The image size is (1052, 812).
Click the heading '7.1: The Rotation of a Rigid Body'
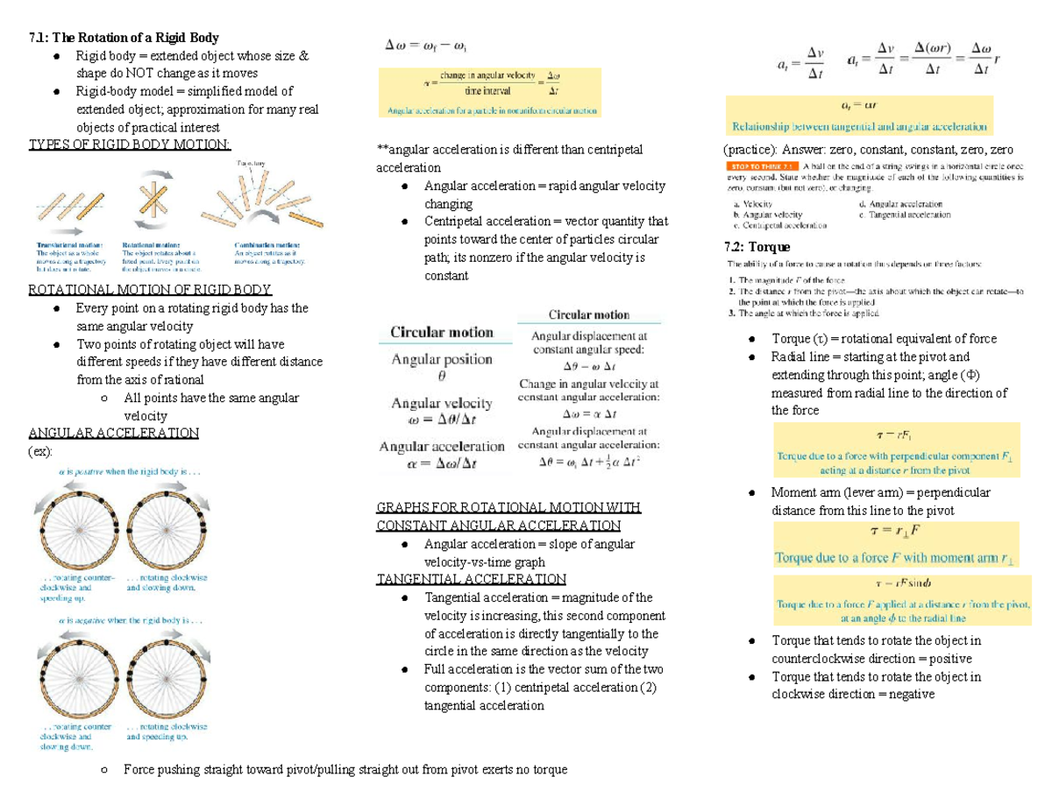124,38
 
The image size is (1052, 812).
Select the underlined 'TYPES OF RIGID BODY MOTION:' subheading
130,145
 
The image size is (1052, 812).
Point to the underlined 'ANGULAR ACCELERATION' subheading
113,433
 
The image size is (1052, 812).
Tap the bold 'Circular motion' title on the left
441,333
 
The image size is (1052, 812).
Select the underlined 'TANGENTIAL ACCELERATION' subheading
471,579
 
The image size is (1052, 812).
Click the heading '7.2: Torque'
757,247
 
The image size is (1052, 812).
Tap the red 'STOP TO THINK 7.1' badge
761,165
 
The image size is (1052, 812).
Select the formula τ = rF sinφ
899,583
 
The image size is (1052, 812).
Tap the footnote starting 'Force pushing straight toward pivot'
345,770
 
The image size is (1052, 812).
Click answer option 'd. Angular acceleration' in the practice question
903,203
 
